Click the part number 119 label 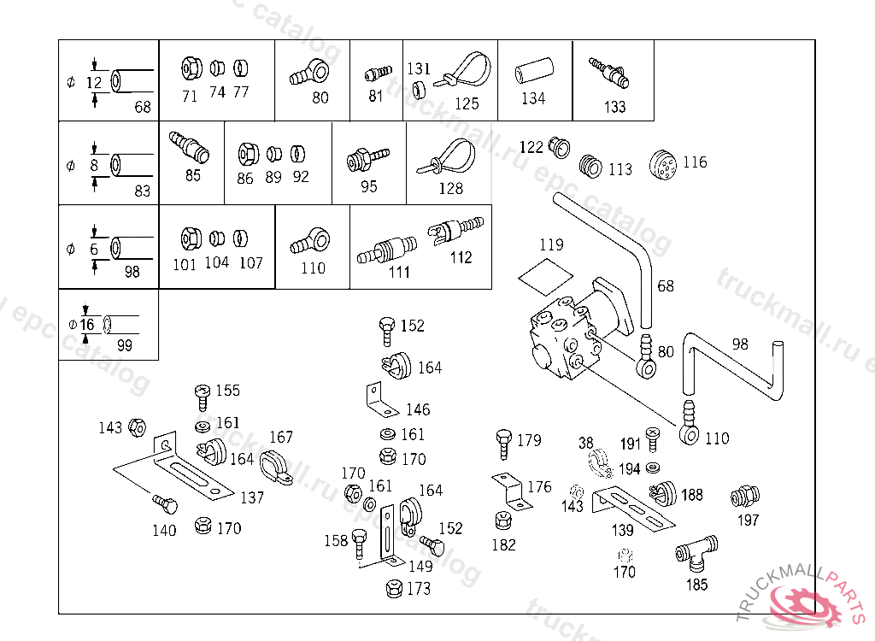coord(552,245)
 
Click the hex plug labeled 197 coord(746,497)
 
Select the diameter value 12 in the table coord(94,83)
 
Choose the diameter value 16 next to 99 coord(88,325)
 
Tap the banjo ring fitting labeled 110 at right coord(689,426)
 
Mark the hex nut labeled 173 coord(395,588)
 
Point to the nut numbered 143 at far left coord(135,427)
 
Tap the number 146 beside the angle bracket coord(418,410)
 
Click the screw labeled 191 coord(652,438)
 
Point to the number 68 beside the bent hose coord(665,285)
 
